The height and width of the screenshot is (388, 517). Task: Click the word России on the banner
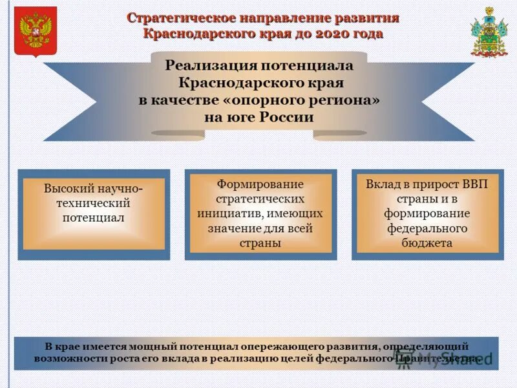pyautogui.click(x=286, y=118)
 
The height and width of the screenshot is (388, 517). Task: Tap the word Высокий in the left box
pyautogui.click(x=70, y=189)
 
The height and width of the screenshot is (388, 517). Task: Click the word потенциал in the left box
pyautogui.click(x=93, y=218)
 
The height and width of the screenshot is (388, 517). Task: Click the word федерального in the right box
pyautogui.click(x=425, y=228)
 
